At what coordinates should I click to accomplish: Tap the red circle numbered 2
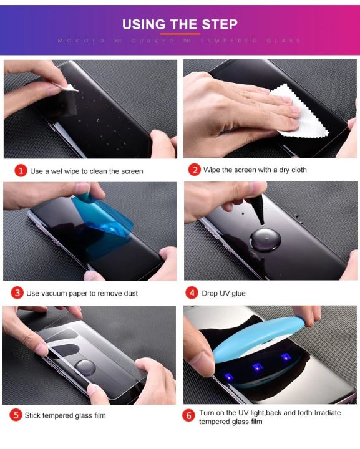195,170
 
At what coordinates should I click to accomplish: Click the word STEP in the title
219,24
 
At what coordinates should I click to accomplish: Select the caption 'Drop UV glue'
225,293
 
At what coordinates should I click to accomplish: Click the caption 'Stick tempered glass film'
65,415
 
